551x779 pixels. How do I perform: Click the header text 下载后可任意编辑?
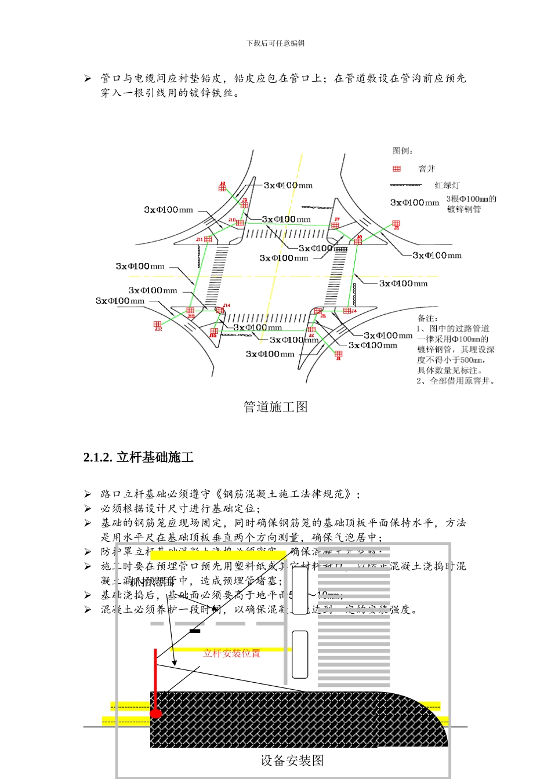pos(275,43)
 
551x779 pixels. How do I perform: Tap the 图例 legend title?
pos(403,151)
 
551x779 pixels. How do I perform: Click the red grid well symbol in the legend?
pos(397,169)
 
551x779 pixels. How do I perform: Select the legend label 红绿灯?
pos(447,185)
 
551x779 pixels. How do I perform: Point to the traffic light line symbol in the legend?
pos(406,185)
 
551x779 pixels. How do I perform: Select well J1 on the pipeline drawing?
pos(339,354)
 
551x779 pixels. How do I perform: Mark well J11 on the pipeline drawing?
pos(208,239)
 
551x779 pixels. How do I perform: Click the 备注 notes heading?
pos(428,318)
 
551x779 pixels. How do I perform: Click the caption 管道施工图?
pos(275,407)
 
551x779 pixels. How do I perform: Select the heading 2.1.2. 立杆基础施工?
pos(139,457)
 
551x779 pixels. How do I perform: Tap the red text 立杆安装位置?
pos(232,653)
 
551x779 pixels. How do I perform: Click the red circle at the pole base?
pos(155,714)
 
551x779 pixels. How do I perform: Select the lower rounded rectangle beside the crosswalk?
pos(300,654)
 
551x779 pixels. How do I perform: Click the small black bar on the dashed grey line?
pos(195,631)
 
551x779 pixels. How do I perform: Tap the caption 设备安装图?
pos(292,761)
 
